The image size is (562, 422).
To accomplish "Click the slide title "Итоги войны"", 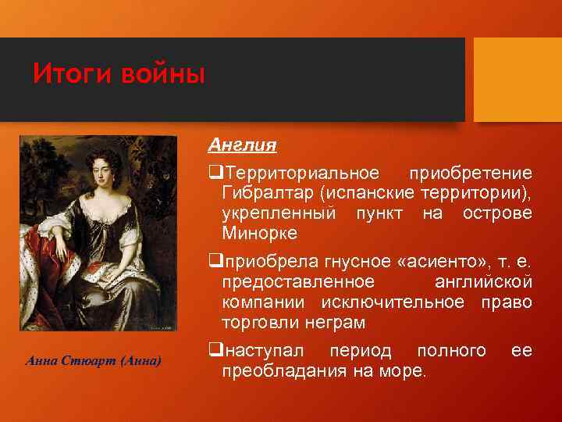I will coord(119,75).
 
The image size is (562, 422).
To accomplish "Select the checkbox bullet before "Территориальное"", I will coord(214,173).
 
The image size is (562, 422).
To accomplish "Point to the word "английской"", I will coord(483,281).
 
